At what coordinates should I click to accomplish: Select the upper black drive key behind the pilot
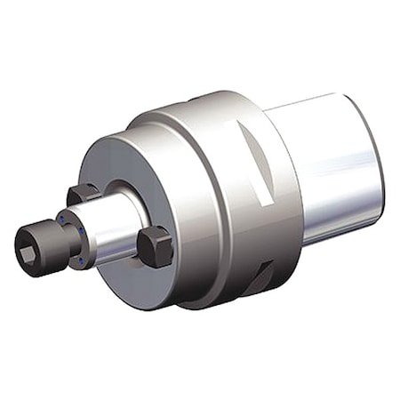tap(81, 193)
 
